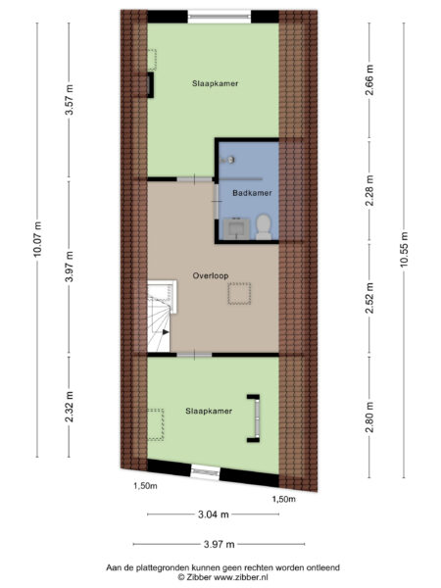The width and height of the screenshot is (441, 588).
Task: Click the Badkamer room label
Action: point(252,194)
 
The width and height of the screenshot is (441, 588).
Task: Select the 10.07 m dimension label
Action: point(38,236)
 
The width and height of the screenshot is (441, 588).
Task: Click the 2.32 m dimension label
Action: point(70,405)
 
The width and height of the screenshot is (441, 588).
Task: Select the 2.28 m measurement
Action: point(370,186)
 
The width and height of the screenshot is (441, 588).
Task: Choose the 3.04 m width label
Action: point(213,514)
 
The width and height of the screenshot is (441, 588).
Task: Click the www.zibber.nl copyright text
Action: point(232,578)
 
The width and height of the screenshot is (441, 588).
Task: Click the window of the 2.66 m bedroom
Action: point(213,15)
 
